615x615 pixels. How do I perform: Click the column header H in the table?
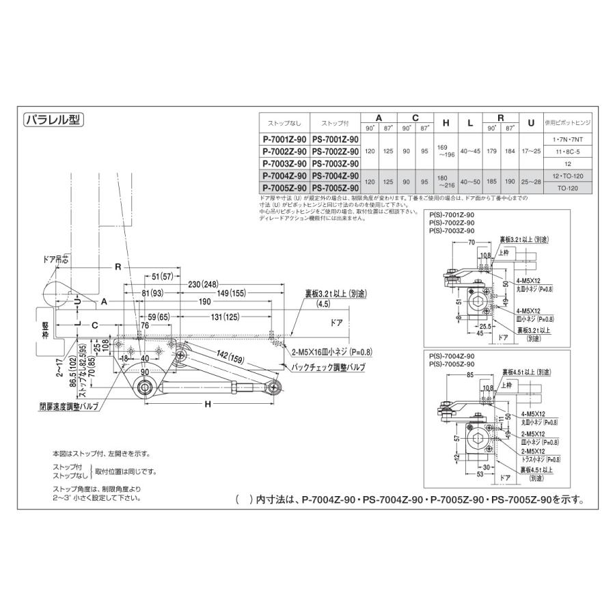pyautogui.click(x=446, y=124)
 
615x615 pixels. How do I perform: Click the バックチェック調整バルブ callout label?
pyautogui.click(x=328, y=368)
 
